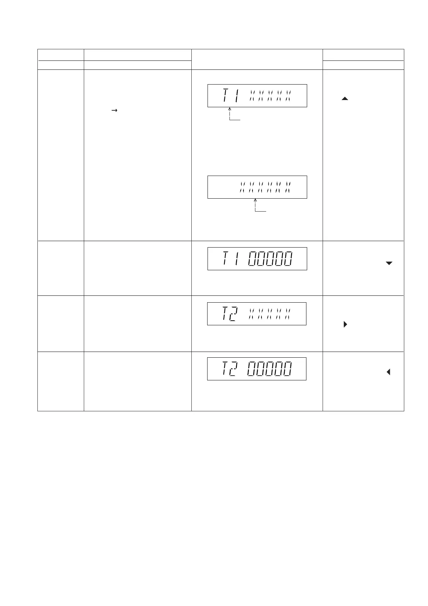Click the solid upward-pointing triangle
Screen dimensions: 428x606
(345, 98)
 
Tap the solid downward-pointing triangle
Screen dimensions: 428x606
(389, 263)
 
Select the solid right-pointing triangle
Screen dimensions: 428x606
(345, 325)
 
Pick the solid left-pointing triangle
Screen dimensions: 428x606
(388, 372)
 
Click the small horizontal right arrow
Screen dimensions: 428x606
(115, 111)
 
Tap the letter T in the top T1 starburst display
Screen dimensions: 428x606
(225, 96)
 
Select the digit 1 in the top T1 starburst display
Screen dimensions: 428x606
(236, 96)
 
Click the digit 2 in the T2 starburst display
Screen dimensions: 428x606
(234, 314)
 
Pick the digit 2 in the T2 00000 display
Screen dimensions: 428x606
(234, 369)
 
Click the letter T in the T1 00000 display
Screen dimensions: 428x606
(225, 259)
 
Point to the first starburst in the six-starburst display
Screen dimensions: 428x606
(243, 187)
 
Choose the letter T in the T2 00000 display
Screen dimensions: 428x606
(225, 369)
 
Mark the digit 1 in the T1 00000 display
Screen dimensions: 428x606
(236, 259)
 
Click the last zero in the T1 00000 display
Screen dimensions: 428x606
(287, 259)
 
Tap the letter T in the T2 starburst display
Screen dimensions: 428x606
(225, 314)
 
